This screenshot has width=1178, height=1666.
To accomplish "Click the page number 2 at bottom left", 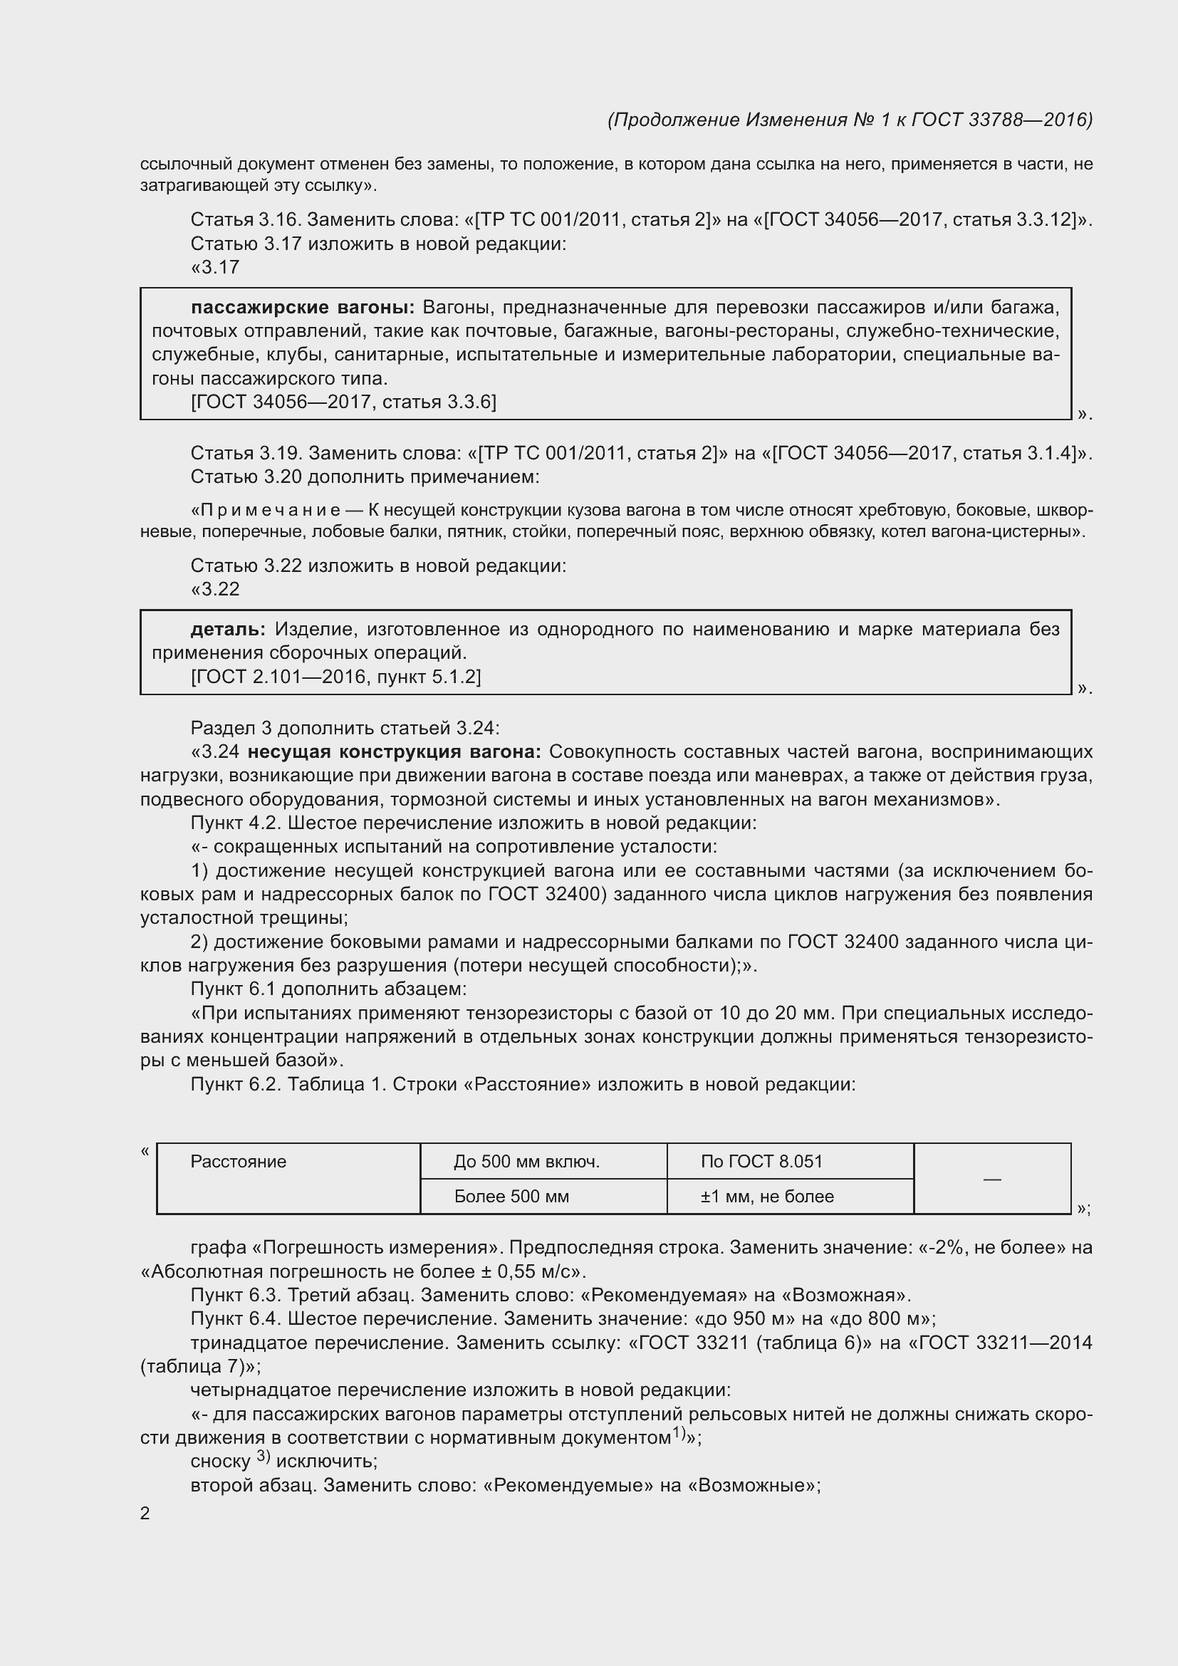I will tap(145, 1514).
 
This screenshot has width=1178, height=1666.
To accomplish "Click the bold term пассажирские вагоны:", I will tap(303, 308).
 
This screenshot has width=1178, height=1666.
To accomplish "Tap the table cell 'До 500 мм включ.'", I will tap(526, 1162).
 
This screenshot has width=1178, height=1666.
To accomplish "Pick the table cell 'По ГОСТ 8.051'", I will tap(761, 1162).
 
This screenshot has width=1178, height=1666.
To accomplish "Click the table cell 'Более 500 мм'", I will tap(511, 1197).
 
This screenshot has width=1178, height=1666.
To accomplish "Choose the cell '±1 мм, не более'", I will tap(767, 1197).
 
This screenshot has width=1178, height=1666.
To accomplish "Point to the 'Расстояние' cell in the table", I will tap(239, 1162).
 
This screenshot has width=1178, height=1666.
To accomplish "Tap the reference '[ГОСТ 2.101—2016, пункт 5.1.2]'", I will tap(336, 677).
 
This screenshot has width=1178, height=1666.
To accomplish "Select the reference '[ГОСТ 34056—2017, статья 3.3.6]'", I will tap(344, 402).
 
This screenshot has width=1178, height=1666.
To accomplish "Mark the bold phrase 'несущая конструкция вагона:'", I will tap(395, 751).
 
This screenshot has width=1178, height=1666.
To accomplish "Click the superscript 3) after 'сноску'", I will tap(264, 1457).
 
